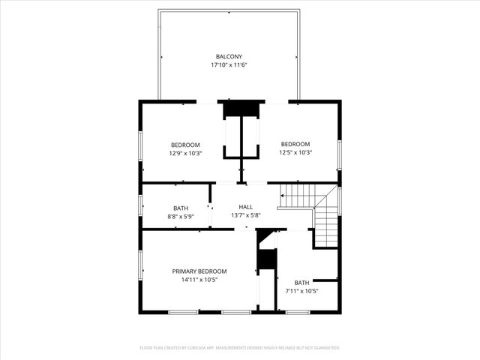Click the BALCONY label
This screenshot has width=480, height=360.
(x=229, y=56)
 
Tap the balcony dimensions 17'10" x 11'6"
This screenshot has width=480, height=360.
(x=229, y=65)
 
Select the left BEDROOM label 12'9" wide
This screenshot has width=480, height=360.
(x=185, y=145)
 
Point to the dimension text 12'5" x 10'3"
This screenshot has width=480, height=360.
(x=295, y=152)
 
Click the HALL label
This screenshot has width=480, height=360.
(x=246, y=207)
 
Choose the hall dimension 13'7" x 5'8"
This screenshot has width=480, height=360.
(x=246, y=216)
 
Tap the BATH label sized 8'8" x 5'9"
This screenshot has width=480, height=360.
(x=181, y=208)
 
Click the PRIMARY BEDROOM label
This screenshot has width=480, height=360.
(x=199, y=271)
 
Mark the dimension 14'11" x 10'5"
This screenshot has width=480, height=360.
(x=199, y=280)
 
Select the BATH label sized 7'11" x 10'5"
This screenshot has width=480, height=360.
(x=301, y=282)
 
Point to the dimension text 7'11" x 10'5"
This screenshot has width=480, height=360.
(x=301, y=290)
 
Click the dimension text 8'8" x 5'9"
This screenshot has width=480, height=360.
(x=181, y=217)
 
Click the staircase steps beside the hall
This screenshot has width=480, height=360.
(x=300, y=196)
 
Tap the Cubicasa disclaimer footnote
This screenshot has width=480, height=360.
(x=240, y=348)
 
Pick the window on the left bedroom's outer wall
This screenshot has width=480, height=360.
(x=140, y=148)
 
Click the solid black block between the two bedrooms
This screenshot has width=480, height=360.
(x=241, y=109)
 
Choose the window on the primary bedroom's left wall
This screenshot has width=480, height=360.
(x=140, y=265)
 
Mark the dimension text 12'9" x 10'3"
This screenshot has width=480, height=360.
(x=185, y=153)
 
